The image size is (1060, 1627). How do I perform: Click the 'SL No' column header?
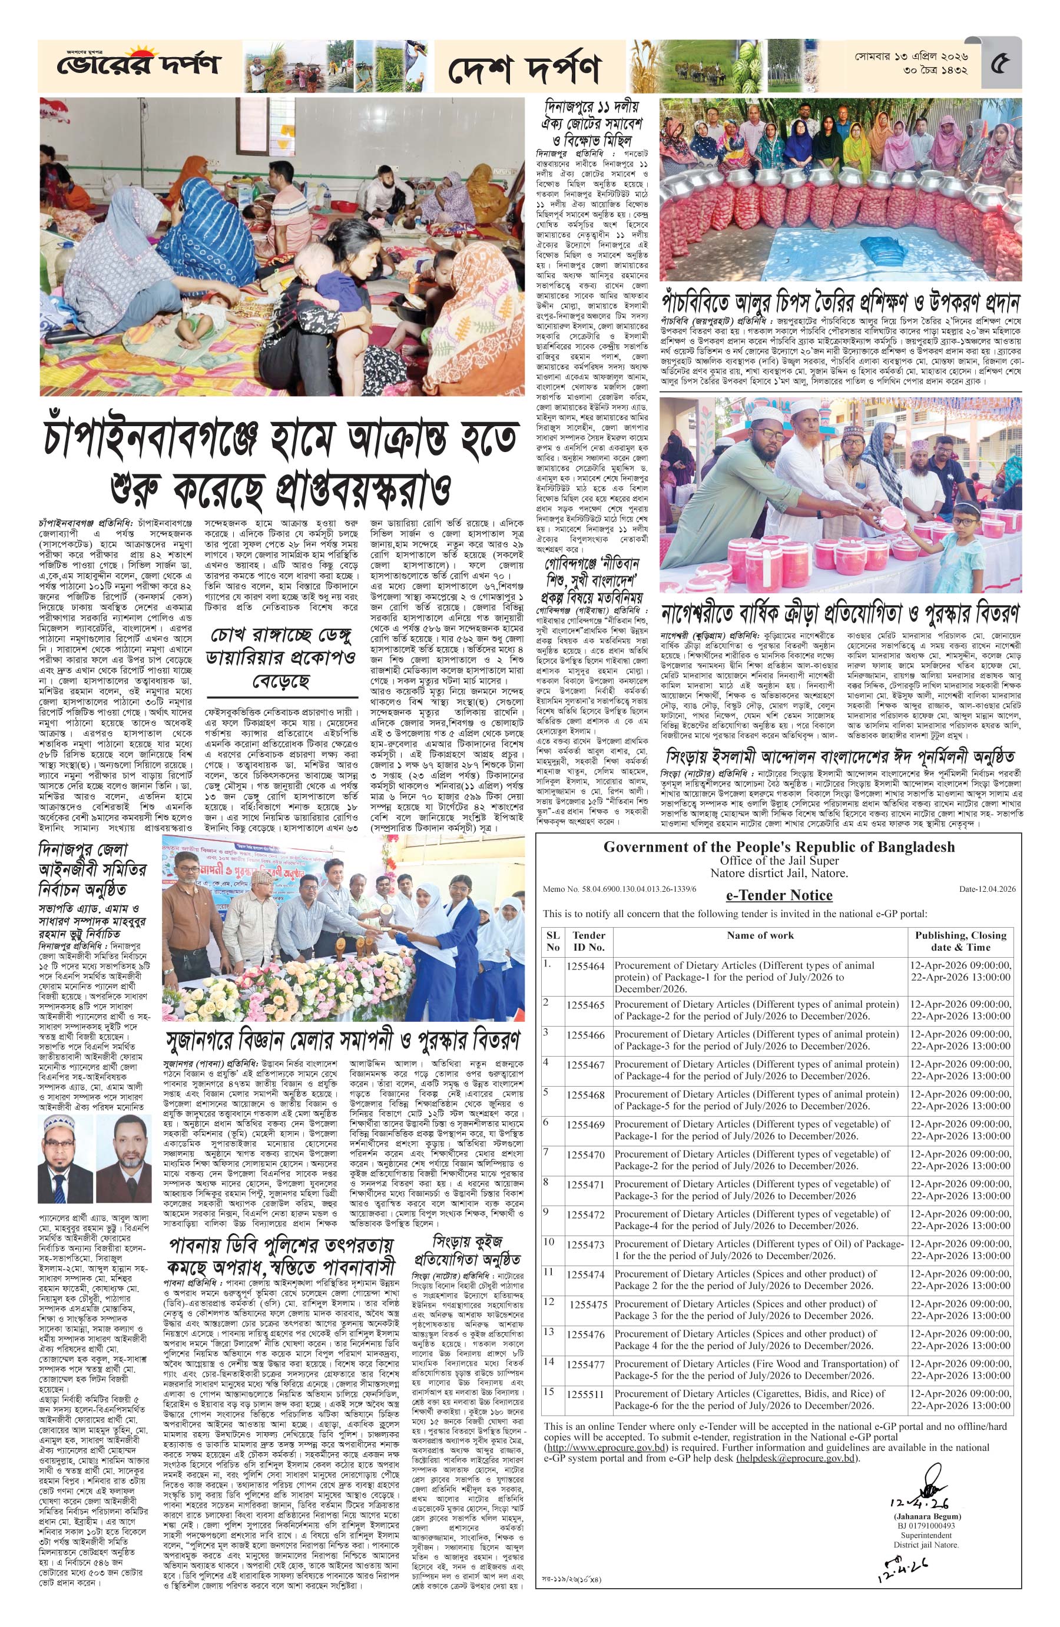552,941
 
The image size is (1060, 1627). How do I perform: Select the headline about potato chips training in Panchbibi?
840,303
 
